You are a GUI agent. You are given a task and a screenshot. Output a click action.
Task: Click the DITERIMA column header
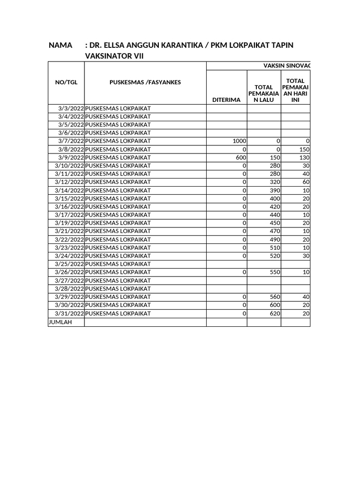tap(227, 99)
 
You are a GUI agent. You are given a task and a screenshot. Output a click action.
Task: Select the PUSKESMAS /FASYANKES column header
tap(145, 82)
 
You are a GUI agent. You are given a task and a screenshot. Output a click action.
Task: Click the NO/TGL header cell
tap(66, 82)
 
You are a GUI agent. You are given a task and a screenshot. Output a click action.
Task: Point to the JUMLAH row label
tap(60, 322)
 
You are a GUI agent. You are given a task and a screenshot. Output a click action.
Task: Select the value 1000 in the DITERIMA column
tap(239, 141)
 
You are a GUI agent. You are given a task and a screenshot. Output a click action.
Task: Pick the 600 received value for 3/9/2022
tap(241, 158)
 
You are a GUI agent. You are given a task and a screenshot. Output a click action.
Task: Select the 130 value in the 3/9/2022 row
tap(304, 158)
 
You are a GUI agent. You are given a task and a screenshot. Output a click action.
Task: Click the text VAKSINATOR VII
tap(114, 56)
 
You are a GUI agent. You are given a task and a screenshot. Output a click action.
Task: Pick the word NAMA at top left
tap(61, 45)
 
